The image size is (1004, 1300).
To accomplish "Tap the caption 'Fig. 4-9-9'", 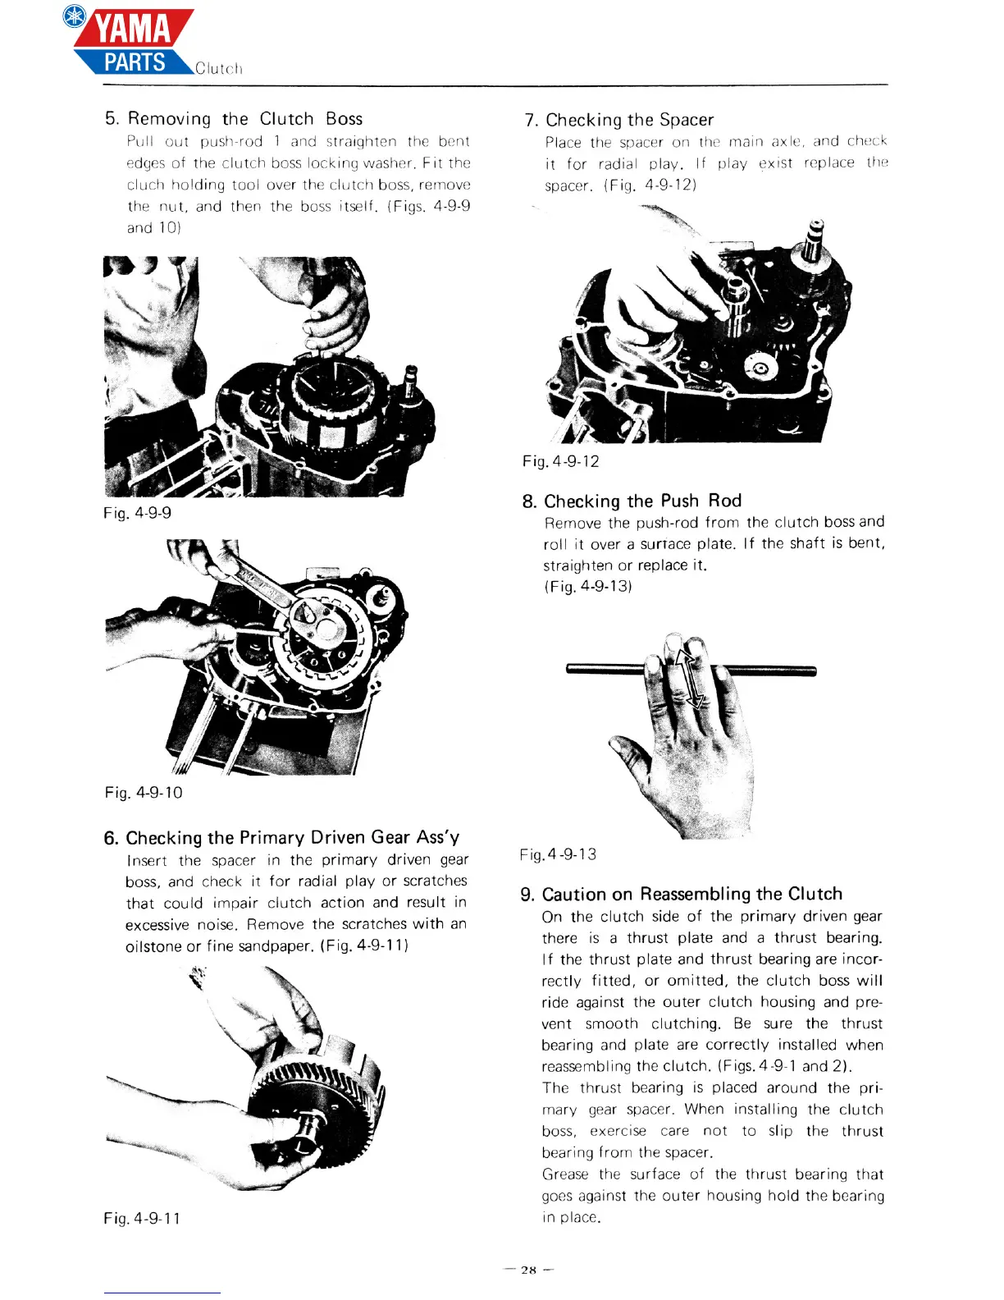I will (x=137, y=513).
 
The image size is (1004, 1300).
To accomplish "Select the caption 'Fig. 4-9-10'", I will (x=144, y=793).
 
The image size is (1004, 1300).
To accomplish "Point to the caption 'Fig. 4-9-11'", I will (x=142, y=1219).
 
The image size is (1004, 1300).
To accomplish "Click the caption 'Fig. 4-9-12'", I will (x=561, y=461).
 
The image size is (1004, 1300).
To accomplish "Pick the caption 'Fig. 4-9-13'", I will (x=559, y=854).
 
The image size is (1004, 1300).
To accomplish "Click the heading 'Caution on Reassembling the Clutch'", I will (x=691, y=895).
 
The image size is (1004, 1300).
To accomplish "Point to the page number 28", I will (x=528, y=1270).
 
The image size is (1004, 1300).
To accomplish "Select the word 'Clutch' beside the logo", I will (x=219, y=69).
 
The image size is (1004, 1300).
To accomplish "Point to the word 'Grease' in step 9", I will (x=565, y=1174).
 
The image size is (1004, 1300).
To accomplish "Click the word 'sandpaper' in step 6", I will (x=275, y=946).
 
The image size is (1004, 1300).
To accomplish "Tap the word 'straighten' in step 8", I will (x=578, y=565).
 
